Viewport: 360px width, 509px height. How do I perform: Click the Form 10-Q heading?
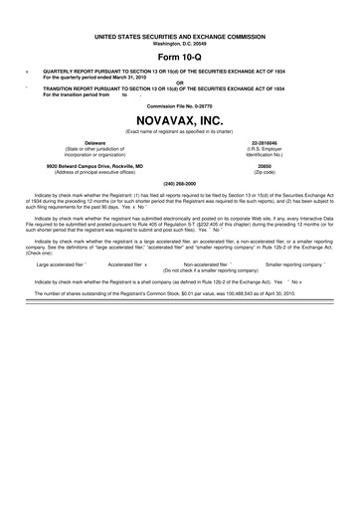pyautogui.click(x=180, y=56)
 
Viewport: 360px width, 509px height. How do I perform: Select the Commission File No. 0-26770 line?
pyautogui.click(x=180, y=104)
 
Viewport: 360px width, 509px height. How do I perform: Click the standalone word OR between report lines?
pyautogui.click(x=180, y=82)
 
